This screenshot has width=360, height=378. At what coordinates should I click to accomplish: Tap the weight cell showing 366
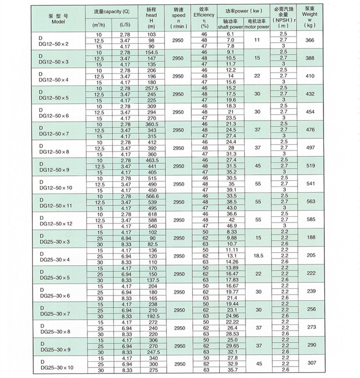click(310, 40)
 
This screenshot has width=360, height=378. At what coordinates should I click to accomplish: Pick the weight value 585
click(310, 219)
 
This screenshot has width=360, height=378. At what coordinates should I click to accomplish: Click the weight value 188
click(310, 238)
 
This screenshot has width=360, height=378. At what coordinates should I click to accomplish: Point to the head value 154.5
click(152, 52)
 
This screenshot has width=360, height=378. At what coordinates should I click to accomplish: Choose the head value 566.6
click(152, 196)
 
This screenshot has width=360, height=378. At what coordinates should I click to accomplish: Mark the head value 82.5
click(152, 244)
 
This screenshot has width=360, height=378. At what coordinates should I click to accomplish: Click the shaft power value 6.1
click(230, 34)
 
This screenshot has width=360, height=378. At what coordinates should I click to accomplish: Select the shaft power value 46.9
click(230, 226)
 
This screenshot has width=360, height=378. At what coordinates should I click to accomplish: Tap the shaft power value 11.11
click(230, 250)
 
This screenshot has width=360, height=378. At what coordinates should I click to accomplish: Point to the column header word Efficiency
click(203, 15)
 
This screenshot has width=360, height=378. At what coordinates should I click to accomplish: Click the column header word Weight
click(310, 15)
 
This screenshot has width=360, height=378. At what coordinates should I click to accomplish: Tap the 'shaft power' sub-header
click(230, 27)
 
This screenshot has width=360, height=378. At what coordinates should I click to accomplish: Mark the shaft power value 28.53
click(230, 334)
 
